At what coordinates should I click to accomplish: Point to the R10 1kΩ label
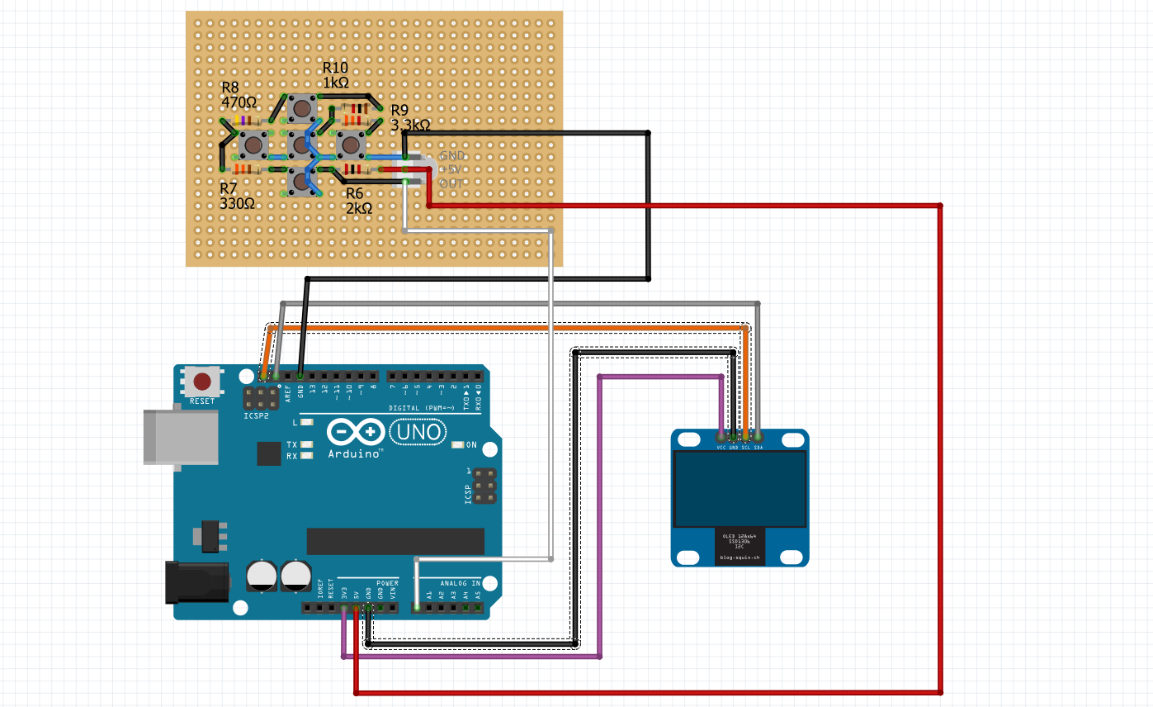(x=335, y=75)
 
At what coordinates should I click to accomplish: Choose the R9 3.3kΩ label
(x=409, y=118)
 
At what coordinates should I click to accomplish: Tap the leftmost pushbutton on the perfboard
(x=253, y=145)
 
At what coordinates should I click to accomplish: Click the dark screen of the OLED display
(x=739, y=489)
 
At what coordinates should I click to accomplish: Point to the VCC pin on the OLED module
(x=722, y=435)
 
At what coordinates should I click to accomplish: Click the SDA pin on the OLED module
(x=758, y=435)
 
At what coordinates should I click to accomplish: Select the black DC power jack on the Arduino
(x=196, y=581)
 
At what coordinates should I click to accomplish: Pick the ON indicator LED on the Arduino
(x=459, y=445)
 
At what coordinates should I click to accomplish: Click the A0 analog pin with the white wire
(x=417, y=608)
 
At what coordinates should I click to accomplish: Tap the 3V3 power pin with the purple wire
(x=343, y=609)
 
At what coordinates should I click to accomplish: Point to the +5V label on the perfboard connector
(x=453, y=169)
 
